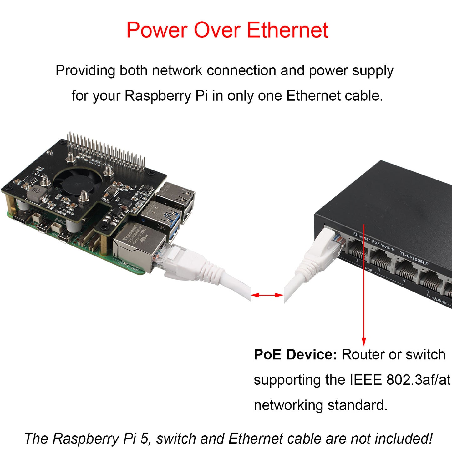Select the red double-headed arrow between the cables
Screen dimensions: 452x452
(267, 295)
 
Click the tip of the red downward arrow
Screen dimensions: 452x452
(364, 344)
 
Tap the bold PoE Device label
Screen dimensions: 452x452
(295, 355)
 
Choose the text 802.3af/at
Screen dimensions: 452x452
(418, 380)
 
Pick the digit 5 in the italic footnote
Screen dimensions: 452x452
(144, 439)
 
